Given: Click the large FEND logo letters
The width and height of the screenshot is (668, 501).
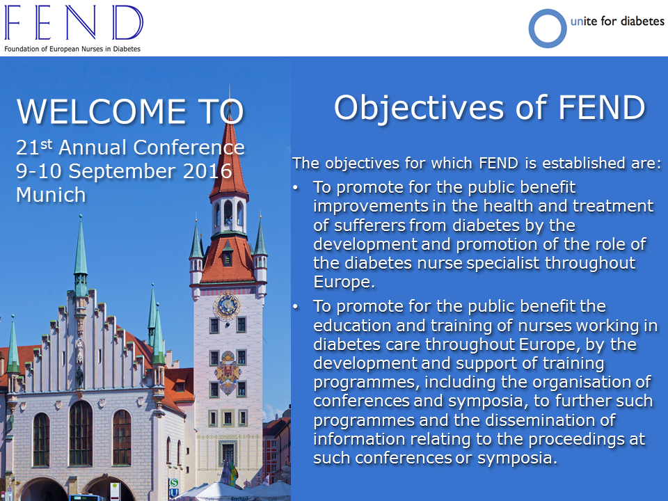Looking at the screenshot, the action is tap(74, 22).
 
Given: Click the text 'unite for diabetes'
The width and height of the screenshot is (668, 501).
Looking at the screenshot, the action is tap(617, 21).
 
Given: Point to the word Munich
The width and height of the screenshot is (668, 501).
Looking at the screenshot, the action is tap(51, 195).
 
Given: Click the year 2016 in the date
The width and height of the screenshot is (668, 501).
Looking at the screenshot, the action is tap(207, 171).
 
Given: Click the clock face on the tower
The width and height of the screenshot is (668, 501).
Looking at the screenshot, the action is tap(227, 305).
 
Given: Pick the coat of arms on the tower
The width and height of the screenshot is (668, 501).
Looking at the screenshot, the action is tap(228, 372).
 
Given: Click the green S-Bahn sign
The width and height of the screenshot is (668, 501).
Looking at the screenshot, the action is tap(174, 483).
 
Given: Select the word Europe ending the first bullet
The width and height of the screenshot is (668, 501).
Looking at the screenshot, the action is tap(344, 282).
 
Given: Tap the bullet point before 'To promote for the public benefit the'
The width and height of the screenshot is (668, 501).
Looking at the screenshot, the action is tap(296, 307).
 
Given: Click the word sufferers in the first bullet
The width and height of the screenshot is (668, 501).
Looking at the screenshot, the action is tap(369, 225).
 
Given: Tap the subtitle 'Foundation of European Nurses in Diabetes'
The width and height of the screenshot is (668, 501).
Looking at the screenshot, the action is tap(72, 49).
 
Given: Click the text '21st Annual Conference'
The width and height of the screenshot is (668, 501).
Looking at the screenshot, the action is tap(130, 148).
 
